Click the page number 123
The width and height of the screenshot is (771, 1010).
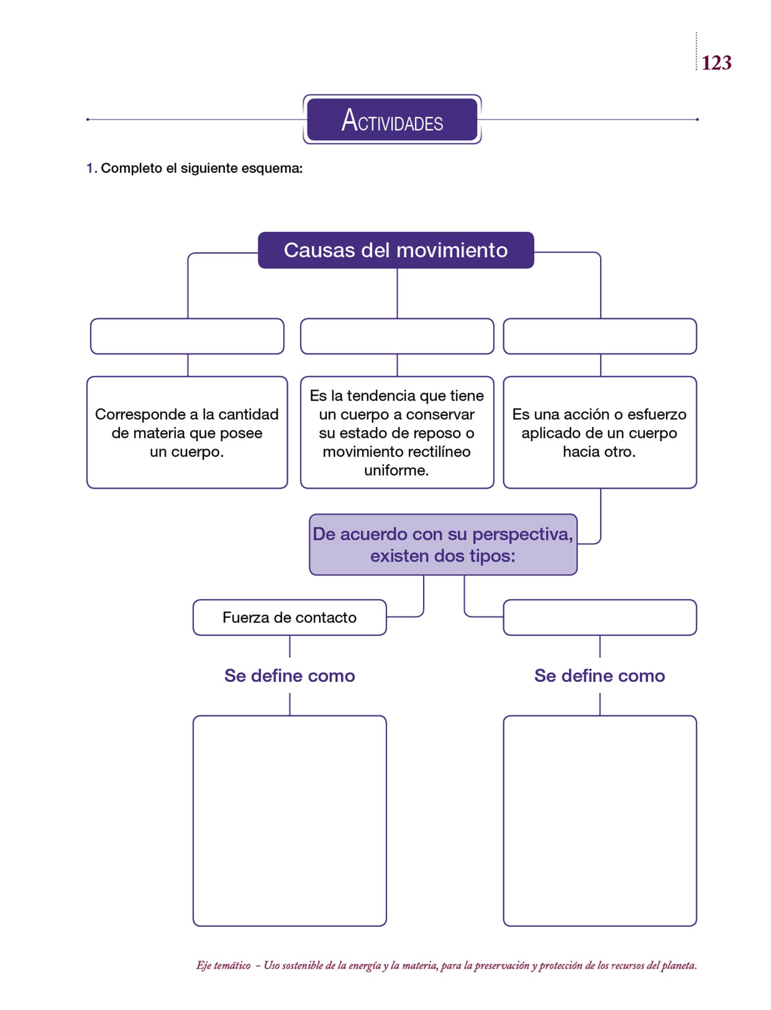716,63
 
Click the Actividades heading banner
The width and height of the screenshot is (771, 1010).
392,120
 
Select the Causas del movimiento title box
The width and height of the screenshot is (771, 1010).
395,250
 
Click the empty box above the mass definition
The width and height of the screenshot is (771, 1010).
187,336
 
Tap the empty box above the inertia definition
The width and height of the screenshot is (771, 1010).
397,336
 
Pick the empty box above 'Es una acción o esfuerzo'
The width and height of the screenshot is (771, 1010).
599,336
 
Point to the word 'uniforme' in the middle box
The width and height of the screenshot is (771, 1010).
396,470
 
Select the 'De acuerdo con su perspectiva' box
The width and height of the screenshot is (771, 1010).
443,544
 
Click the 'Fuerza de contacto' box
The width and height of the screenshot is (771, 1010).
289,617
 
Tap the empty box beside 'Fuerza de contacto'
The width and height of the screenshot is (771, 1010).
599,617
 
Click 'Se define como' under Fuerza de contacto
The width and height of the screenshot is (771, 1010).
289,676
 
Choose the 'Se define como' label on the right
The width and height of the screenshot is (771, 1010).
599,676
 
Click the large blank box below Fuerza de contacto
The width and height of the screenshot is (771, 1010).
289,821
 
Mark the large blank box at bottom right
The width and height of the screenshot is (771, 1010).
599,821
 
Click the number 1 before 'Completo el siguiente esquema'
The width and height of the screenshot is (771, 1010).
90,168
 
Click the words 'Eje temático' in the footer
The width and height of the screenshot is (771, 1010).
223,966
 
